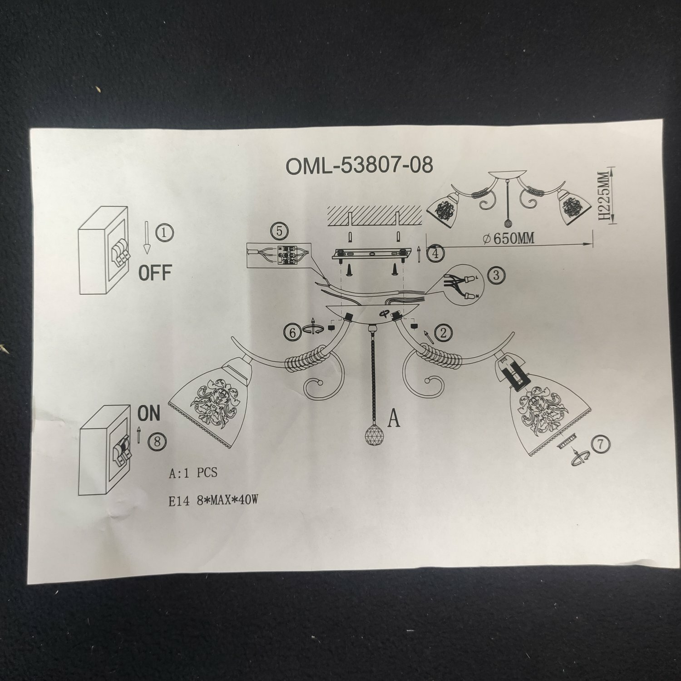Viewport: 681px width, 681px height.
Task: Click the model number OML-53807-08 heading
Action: [359, 166]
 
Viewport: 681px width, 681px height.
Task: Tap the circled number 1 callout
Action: [164, 233]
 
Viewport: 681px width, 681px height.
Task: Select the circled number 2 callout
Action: [443, 333]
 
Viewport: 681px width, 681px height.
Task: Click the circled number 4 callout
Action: [436, 253]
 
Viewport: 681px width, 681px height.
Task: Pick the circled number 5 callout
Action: [279, 231]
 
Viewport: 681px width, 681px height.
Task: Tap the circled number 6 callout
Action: [293, 332]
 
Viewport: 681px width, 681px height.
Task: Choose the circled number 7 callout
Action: [601, 444]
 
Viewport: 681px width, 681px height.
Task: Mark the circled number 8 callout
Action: [157, 442]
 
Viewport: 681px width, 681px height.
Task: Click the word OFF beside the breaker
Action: [155, 273]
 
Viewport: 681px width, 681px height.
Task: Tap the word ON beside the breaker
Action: [149, 414]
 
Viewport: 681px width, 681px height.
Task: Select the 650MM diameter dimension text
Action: [508, 238]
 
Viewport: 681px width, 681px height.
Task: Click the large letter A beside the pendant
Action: [394, 418]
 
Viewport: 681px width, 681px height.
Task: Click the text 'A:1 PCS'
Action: [193, 473]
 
